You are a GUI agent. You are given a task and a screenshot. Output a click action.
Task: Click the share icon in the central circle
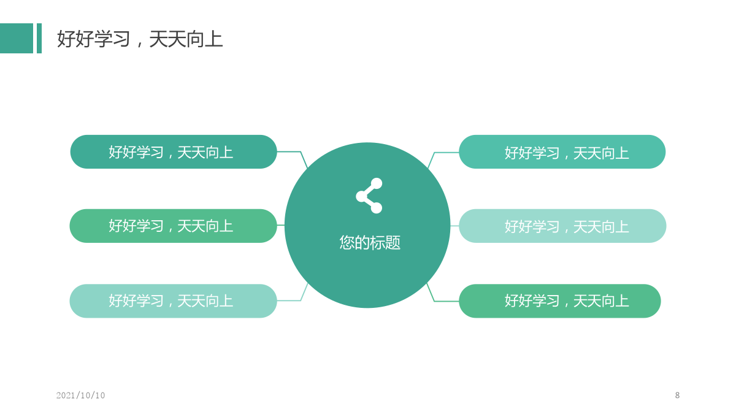369,196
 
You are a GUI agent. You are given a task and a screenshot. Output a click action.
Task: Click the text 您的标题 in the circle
370,242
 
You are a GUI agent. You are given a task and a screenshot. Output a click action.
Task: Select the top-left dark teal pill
174,152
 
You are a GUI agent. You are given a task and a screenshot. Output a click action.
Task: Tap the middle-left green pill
173,226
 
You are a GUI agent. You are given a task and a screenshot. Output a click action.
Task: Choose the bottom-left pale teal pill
173,301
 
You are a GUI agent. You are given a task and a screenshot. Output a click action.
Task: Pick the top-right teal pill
562,152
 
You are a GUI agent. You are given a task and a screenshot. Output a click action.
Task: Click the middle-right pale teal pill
562,226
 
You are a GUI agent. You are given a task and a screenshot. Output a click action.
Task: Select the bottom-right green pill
560,301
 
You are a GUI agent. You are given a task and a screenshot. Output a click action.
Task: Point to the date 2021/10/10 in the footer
80,395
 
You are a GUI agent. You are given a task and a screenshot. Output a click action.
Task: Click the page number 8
677,395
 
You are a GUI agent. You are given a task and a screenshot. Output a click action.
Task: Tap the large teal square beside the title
17,38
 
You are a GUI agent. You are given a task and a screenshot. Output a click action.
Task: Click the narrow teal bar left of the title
39,38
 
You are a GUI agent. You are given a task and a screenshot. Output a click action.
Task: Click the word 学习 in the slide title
112,39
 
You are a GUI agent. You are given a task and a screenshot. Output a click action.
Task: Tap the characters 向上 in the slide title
204,39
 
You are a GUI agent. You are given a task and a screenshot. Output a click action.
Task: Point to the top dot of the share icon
377,183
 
